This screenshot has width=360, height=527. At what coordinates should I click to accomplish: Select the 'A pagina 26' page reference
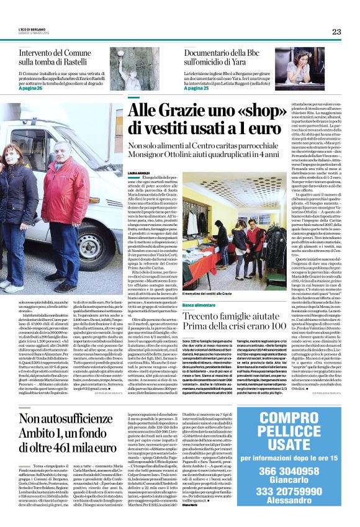32,88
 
